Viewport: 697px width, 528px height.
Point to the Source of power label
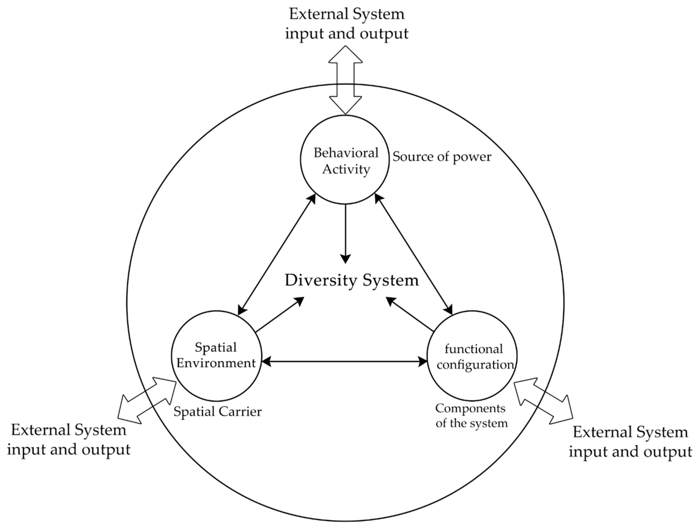[441, 157]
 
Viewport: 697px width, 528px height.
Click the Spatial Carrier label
[217, 411]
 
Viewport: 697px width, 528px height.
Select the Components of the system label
[471, 415]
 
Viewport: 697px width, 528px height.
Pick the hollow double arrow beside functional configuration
[543, 401]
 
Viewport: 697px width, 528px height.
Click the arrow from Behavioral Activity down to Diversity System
[346, 233]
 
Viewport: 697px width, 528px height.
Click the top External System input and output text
[346, 24]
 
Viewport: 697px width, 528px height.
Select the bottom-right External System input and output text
[630, 441]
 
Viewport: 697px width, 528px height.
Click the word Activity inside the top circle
[346, 170]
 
